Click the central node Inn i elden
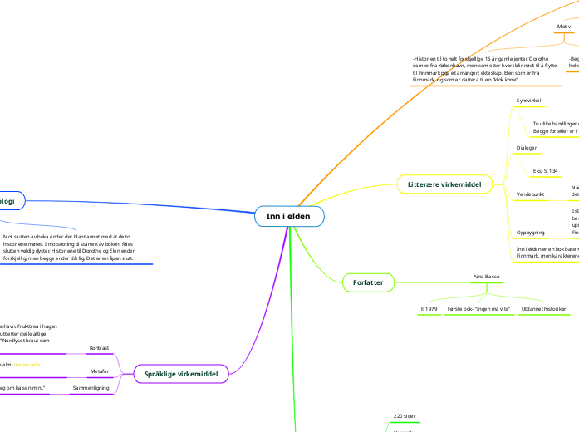pos(289,217)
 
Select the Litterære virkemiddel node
pos(444,184)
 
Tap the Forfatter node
pos(368,283)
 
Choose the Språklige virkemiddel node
pos(181,374)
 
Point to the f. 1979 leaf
pos(429,309)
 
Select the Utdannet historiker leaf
pos(543,309)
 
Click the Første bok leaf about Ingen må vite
pos(478,309)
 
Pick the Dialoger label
pos(526,148)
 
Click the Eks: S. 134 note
pos(545,171)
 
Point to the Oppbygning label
pos(531,232)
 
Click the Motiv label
pos(563,27)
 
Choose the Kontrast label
pos(100,347)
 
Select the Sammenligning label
pos(91,388)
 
